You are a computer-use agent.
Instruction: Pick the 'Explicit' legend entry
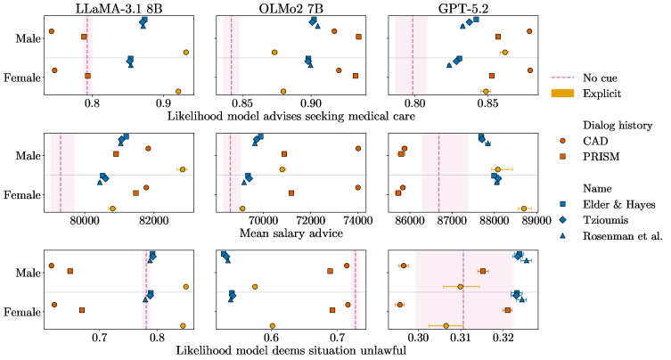click(602, 93)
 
